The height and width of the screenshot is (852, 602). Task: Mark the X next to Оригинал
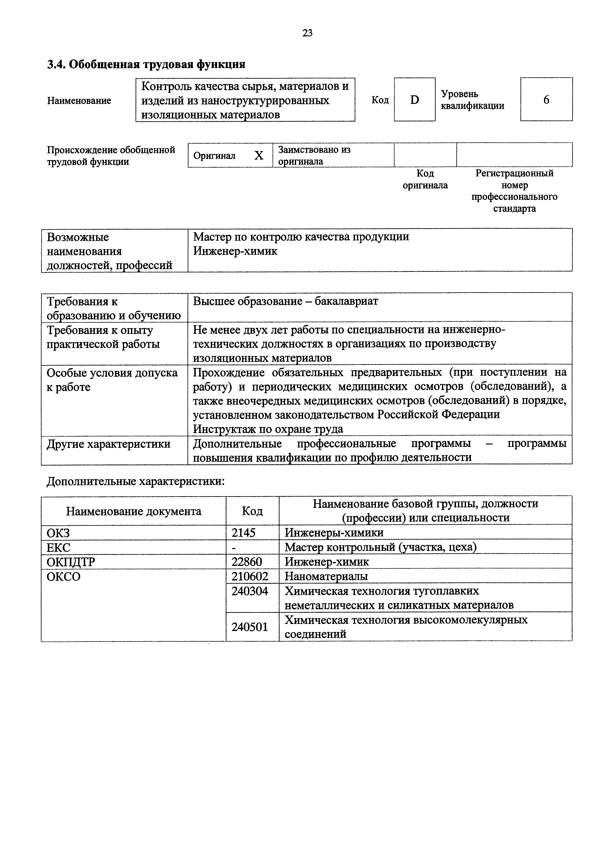(259, 155)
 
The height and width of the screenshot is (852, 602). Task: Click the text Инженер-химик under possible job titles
(235, 251)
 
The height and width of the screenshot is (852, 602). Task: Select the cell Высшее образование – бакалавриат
(285, 301)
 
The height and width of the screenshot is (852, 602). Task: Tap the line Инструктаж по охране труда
(268, 429)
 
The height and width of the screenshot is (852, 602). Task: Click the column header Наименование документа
(134, 511)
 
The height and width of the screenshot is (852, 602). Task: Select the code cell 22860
(247, 562)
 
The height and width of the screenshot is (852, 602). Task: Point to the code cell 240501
(250, 627)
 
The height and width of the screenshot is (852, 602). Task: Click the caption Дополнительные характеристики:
(136, 481)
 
